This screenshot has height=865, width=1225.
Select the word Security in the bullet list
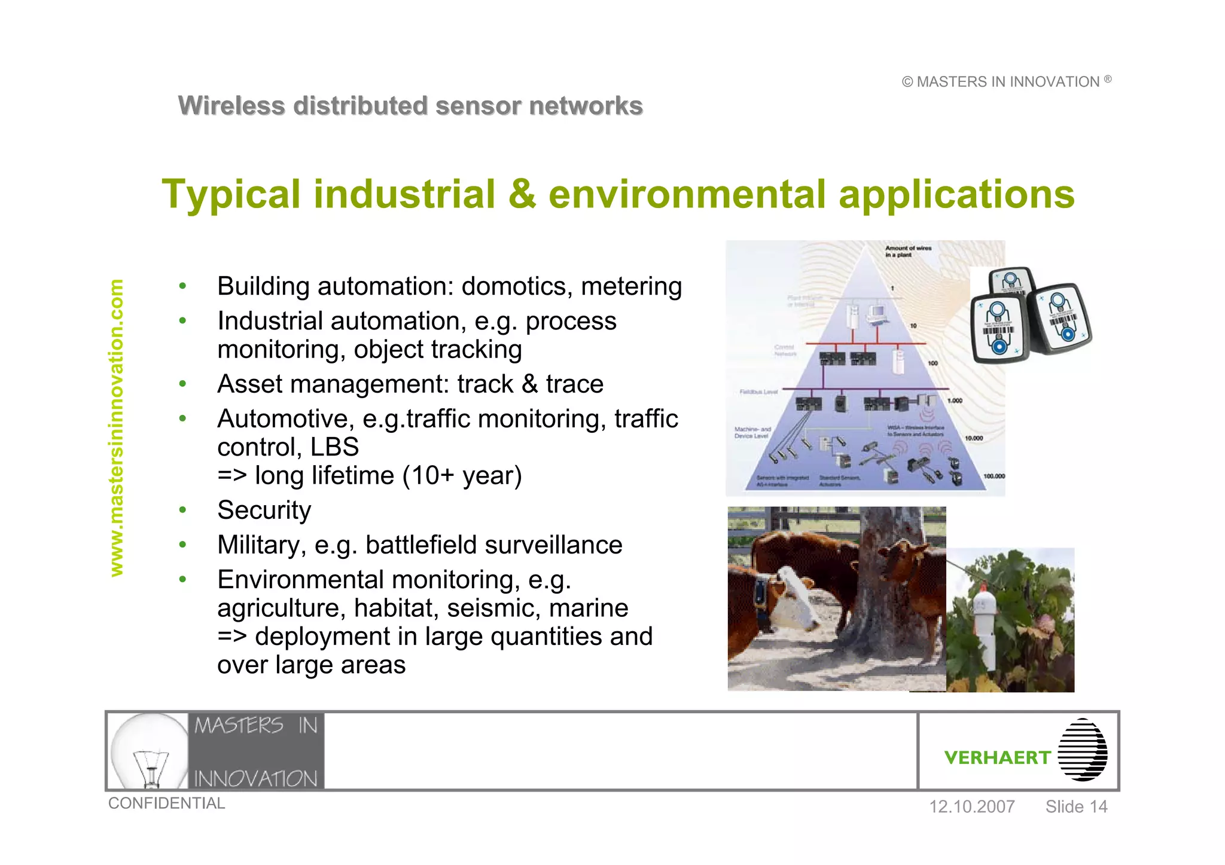[264, 511]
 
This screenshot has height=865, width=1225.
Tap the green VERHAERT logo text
[997, 757]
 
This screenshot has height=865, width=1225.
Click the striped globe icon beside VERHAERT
[1082, 750]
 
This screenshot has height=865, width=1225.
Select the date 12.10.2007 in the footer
[971, 806]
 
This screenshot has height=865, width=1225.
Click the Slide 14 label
[1076, 806]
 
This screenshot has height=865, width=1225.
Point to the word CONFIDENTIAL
[166, 803]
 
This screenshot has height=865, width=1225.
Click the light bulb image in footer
[150, 751]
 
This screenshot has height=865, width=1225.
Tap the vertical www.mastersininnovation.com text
[117, 428]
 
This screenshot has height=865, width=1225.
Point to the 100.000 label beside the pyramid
[994, 476]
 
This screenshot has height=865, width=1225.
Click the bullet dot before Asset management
[182, 384]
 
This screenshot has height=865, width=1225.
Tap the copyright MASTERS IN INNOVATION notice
[1007, 82]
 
